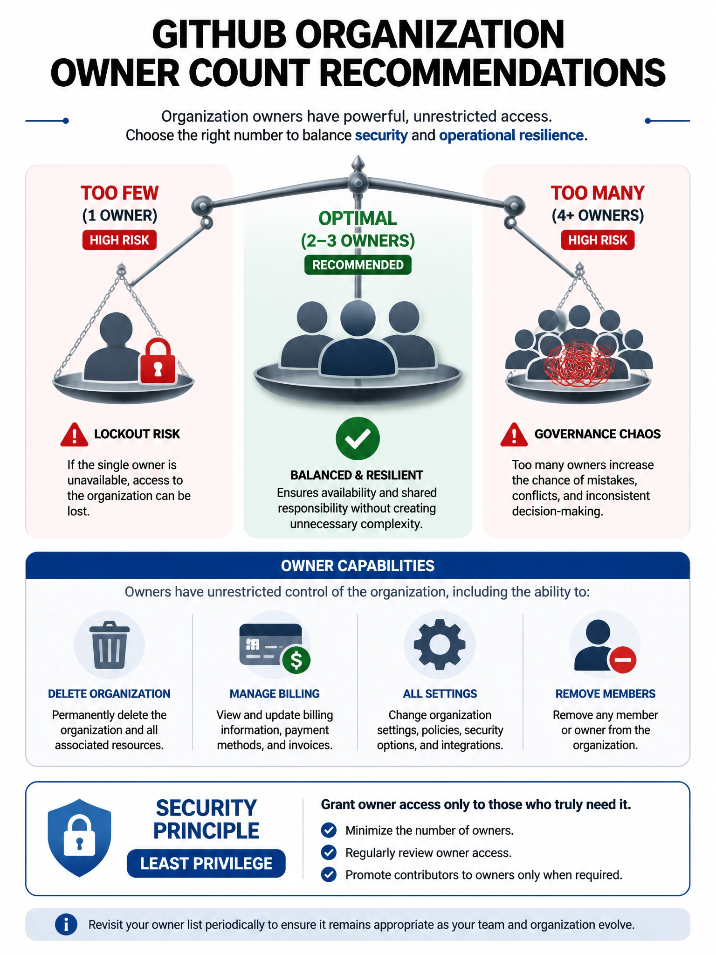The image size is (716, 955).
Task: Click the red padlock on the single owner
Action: (x=158, y=361)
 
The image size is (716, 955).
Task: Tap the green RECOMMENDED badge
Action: (x=358, y=265)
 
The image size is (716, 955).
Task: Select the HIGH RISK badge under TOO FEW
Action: (x=119, y=240)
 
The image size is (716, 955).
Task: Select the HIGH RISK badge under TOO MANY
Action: (x=598, y=240)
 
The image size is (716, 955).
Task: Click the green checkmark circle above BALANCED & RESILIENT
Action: (x=358, y=438)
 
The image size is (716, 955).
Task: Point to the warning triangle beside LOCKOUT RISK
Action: (x=74, y=435)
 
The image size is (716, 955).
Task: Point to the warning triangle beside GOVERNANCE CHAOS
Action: (x=514, y=435)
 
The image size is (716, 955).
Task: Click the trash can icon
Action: (x=109, y=645)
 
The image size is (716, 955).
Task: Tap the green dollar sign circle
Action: (x=296, y=660)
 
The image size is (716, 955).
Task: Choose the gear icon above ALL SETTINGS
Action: (x=440, y=644)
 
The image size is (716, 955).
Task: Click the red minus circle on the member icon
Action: (x=622, y=660)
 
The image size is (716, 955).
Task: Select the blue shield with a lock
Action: (x=80, y=838)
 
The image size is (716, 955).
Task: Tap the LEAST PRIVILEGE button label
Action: (x=206, y=864)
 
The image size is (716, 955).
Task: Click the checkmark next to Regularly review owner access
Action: (x=329, y=852)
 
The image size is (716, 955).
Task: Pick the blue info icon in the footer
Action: (x=66, y=924)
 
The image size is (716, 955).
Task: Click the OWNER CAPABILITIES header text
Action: (x=358, y=566)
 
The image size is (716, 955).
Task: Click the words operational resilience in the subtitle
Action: (x=511, y=135)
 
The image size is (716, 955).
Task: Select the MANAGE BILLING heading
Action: (x=275, y=694)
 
